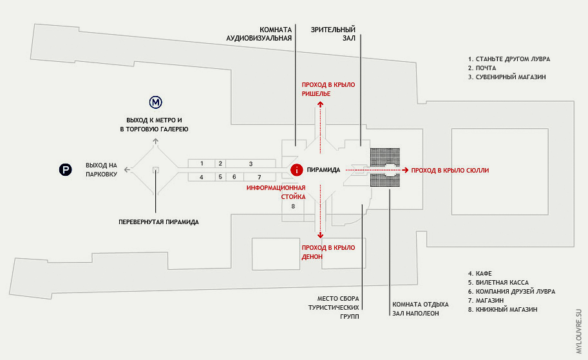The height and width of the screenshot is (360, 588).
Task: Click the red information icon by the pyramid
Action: click(296, 170)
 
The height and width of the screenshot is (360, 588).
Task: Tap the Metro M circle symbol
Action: click(155, 102)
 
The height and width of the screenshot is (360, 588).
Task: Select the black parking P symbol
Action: click(66, 170)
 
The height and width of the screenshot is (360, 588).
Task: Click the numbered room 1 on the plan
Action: click(202, 164)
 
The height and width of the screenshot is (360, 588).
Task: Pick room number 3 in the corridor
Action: click(251, 164)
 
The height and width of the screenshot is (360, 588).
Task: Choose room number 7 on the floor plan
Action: click(259, 176)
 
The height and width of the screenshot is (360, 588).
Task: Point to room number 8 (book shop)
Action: click(292, 206)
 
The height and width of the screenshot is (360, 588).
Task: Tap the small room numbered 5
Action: click(220, 176)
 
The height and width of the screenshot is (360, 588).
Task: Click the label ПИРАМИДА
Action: click(323, 170)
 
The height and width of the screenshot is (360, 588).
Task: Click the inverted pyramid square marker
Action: click(155, 170)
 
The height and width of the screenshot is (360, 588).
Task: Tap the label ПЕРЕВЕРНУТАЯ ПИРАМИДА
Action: click(158, 222)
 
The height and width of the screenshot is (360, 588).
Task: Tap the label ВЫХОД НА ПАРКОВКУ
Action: click(101, 170)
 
